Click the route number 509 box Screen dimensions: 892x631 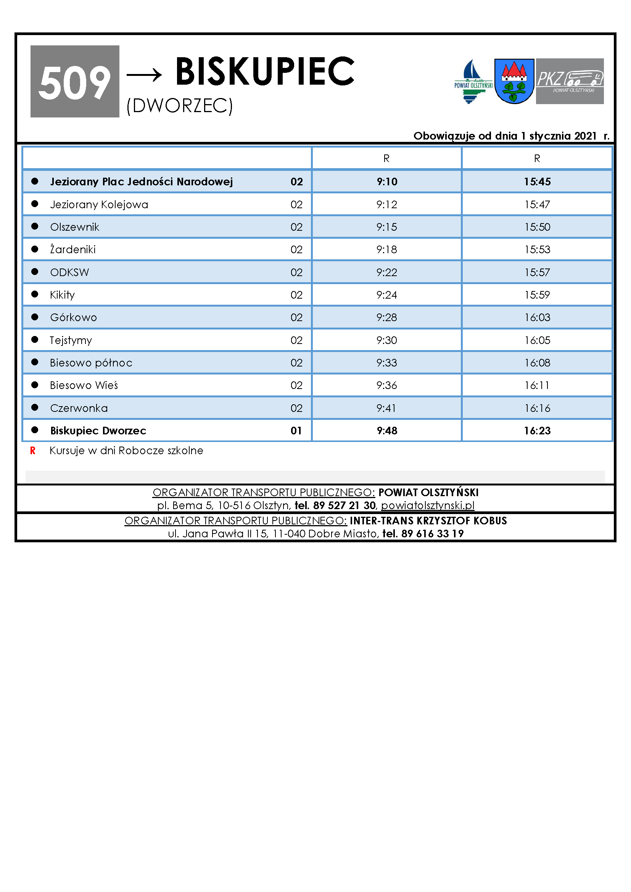(x=75, y=81)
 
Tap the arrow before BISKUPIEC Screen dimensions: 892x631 (x=144, y=74)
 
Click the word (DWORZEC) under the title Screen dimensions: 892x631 (x=180, y=105)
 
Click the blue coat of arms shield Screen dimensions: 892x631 (x=514, y=81)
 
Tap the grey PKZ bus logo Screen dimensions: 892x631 (x=570, y=81)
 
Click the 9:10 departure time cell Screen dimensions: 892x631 (x=386, y=182)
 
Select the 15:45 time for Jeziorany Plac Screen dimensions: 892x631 (x=537, y=182)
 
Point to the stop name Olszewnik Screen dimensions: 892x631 (x=75, y=227)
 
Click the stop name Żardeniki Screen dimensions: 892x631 (x=72, y=249)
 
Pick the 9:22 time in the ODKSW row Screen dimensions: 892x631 (x=386, y=272)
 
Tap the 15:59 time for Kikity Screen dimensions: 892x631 (x=537, y=295)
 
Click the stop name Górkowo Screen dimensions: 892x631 (x=73, y=317)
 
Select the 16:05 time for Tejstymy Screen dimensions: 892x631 (x=537, y=340)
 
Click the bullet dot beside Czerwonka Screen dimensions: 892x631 (x=35, y=407)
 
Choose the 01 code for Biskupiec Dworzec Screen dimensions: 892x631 (x=296, y=431)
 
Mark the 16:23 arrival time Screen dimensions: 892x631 (x=537, y=431)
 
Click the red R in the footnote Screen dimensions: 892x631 (x=33, y=451)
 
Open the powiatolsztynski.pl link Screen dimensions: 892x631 (x=427, y=505)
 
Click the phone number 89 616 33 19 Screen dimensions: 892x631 (x=432, y=534)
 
